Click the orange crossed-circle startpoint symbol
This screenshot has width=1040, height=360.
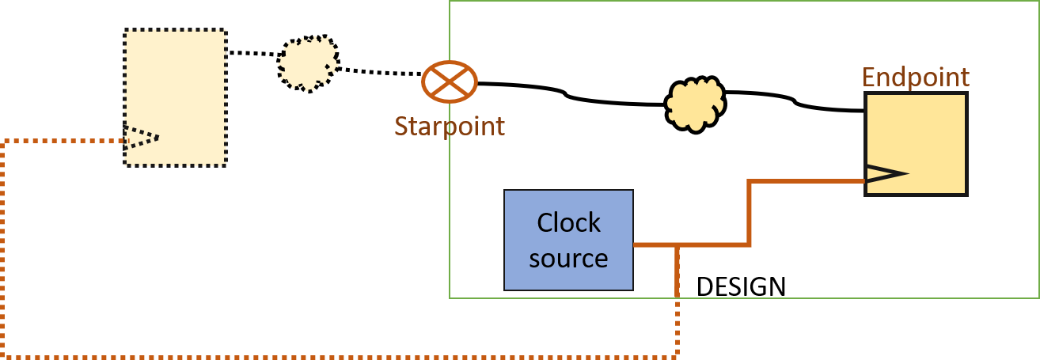point(449,81)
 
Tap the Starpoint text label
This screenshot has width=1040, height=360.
point(450,126)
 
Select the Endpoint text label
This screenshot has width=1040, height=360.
point(915,78)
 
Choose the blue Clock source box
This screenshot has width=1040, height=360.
point(568,240)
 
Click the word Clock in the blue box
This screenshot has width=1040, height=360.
point(568,223)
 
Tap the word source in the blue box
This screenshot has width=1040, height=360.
point(568,258)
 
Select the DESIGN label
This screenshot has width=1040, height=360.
point(741,286)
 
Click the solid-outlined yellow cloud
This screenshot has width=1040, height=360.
point(695,103)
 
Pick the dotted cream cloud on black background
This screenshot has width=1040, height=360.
point(308,63)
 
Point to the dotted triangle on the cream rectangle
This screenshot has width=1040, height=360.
point(142,138)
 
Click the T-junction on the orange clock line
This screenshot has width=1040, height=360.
point(678,244)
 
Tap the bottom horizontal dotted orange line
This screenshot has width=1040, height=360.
point(340,355)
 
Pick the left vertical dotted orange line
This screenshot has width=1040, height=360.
point(6,245)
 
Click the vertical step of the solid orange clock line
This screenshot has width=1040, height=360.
point(749,212)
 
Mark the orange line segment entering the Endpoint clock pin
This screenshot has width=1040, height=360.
point(807,182)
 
